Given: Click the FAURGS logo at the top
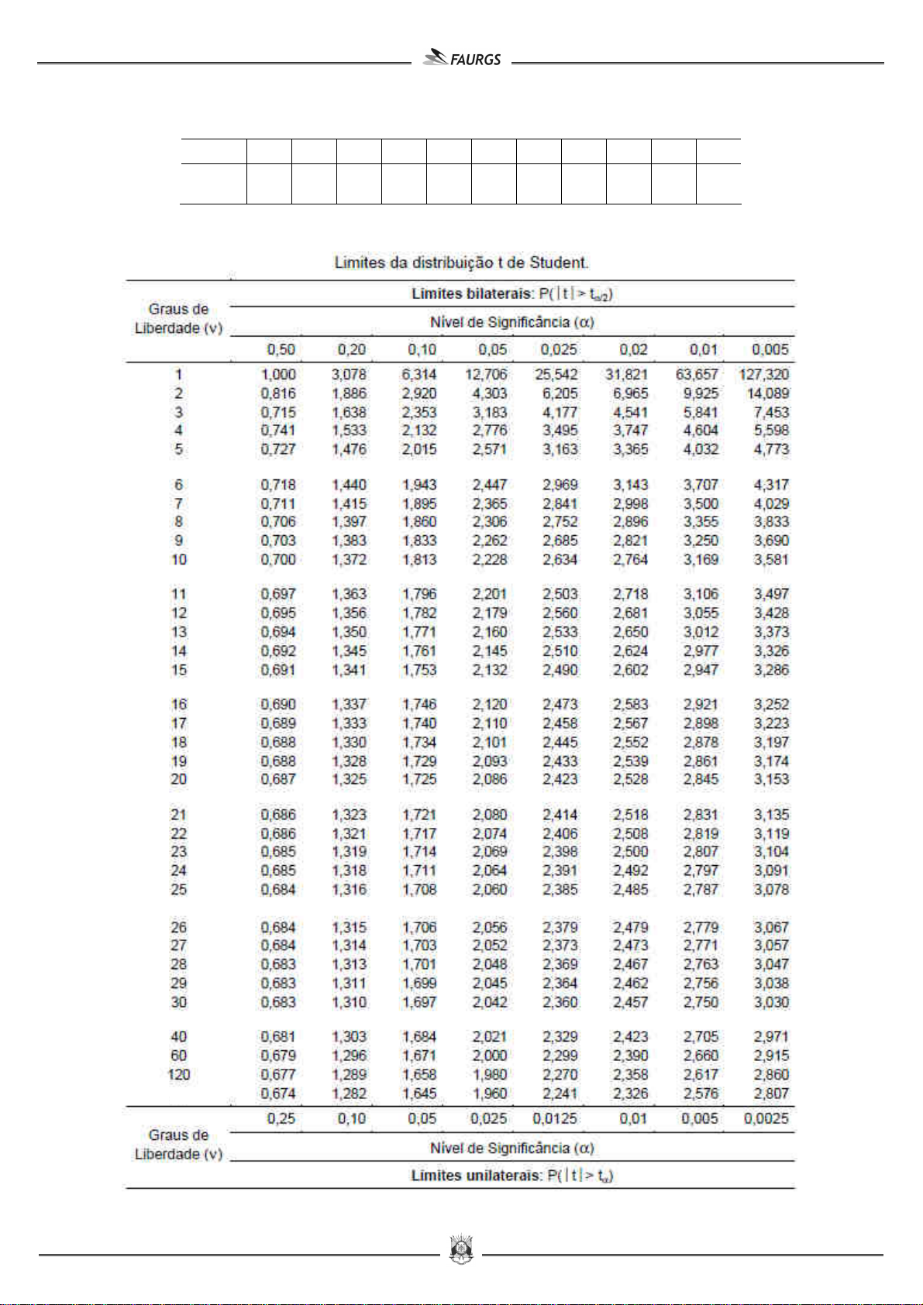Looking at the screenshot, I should [463, 59].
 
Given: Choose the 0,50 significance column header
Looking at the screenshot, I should [281, 349].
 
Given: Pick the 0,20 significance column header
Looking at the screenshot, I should [351, 349].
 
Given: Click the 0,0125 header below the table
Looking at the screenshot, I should [555, 1118].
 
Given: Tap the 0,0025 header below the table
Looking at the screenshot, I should [766, 1118].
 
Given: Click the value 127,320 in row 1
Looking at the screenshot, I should [763, 374].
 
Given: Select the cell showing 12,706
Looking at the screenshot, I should [486, 374].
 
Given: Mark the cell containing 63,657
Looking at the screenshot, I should [697, 374].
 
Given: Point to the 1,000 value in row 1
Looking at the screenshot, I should [278, 374].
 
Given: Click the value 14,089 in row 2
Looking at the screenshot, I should [767, 393].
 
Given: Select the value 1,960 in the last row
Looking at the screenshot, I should [490, 1094].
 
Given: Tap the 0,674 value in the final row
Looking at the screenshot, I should [278, 1094].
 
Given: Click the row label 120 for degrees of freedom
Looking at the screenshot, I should [178, 1074].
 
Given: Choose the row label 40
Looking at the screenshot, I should [178, 1036].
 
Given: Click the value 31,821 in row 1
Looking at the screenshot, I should [626, 374].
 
